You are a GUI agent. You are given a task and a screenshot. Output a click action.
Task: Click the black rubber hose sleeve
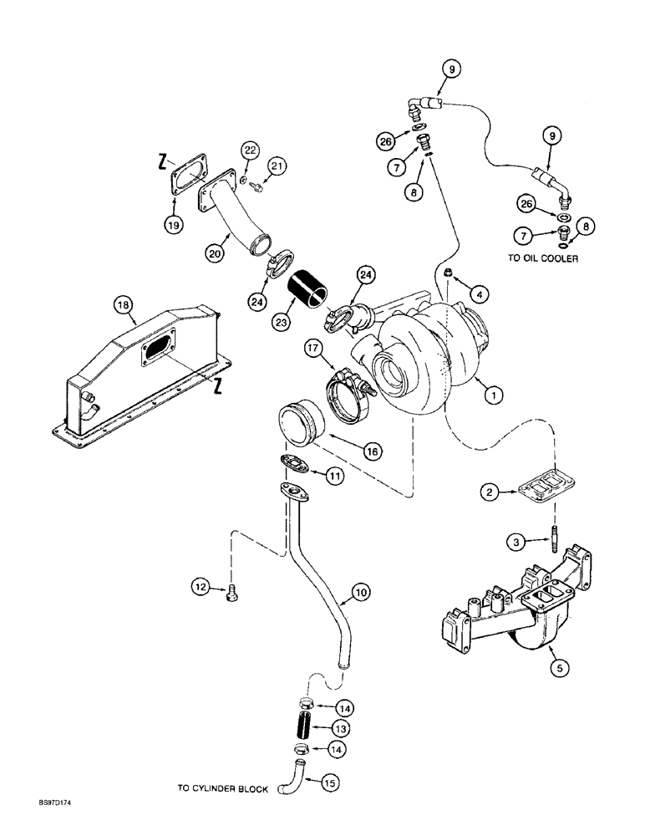tap(309, 295)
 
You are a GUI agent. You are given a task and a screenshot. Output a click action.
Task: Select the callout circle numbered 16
tap(372, 451)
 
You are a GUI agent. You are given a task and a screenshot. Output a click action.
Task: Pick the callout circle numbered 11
tap(335, 476)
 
